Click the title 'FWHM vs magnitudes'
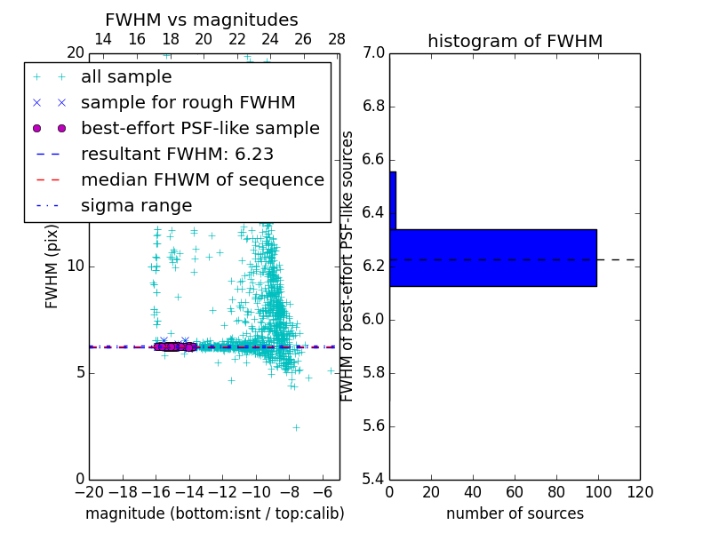[x=202, y=20]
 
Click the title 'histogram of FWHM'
[x=515, y=41]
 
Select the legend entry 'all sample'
[x=126, y=77]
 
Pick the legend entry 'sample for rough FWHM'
[x=188, y=102]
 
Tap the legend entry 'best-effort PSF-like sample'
[x=200, y=128]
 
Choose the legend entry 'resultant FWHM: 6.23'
[x=177, y=154]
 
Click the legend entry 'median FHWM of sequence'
[x=202, y=179]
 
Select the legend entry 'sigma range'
[x=136, y=205]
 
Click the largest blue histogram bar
[x=492, y=258]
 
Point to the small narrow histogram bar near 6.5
[x=393, y=201]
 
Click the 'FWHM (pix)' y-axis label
[x=52, y=266]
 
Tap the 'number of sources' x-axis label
[x=515, y=513]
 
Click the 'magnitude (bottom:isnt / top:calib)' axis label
[x=214, y=513]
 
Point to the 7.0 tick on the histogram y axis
[x=373, y=53]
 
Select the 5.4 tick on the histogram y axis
[x=373, y=479]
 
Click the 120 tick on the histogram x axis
[x=639, y=491]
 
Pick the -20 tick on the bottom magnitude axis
[x=89, y=491]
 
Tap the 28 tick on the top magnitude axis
[x=337, y=40]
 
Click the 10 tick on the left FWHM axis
[x=76, y=266]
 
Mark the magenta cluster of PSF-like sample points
[x=174, y=346]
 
